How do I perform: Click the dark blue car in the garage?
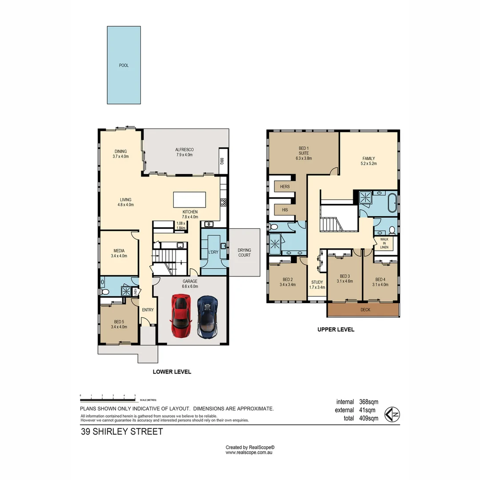(208, 317)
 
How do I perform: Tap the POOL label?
(124, 65)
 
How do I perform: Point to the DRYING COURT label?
(244, 252)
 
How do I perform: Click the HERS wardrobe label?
(285, 187)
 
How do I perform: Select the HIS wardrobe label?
(285, 209)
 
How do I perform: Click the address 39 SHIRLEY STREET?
(122, 432)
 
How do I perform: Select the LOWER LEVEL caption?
(172, 372)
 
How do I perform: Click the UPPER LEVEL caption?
(336, 330)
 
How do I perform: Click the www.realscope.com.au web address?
(249, 452)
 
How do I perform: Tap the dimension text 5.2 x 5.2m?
(368, 164)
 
